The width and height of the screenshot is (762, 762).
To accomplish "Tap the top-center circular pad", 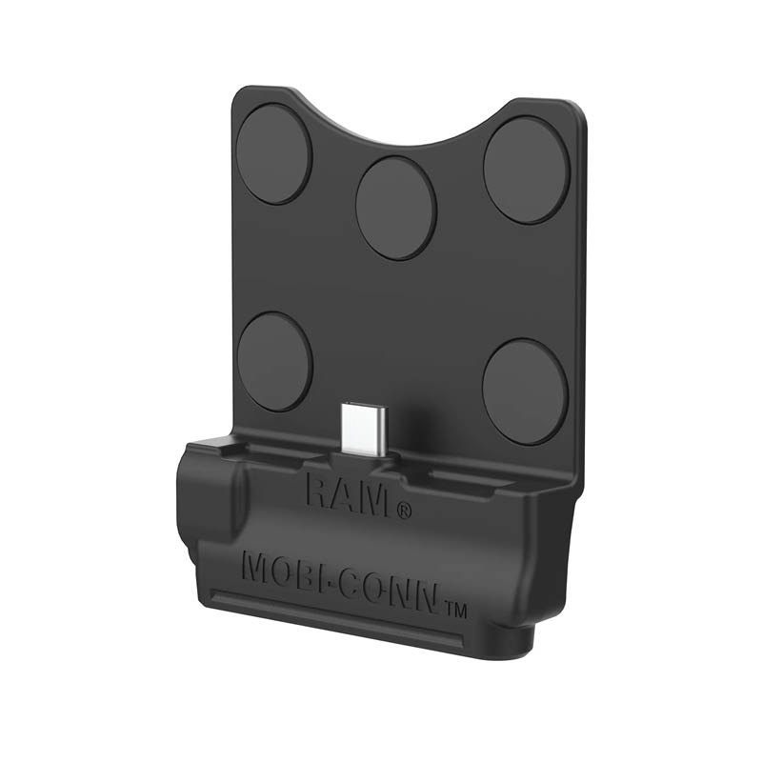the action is (395, 208).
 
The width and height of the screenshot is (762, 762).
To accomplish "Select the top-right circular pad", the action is (526, 170).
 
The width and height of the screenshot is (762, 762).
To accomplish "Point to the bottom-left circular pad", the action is (274, 361).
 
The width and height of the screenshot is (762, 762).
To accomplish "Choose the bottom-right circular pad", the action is (526, 391).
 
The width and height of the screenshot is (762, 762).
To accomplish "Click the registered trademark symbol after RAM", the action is (405, 510).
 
